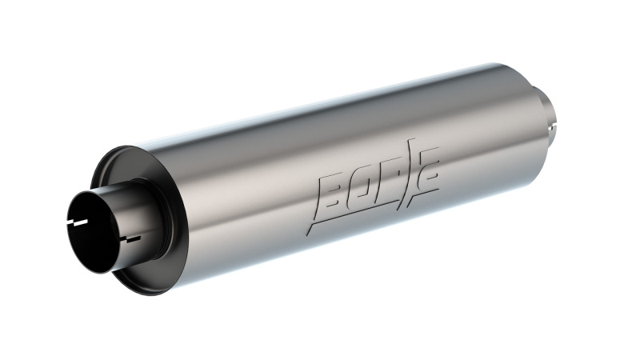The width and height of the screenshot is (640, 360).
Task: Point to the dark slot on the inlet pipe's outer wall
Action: click(129, 238)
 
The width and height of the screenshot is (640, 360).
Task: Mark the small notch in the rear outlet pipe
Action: click(551, 126)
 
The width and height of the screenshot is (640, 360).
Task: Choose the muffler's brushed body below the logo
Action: click(360, 240)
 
